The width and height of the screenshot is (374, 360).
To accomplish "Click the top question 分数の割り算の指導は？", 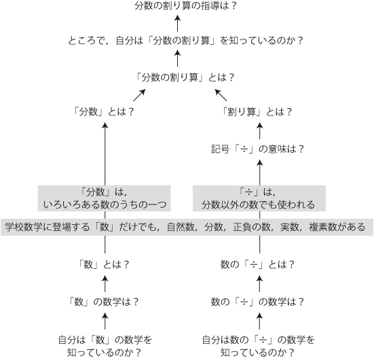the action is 185,5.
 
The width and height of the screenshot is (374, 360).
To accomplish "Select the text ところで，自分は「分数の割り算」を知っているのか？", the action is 185,41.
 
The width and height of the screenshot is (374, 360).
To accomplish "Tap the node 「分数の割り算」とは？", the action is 185,77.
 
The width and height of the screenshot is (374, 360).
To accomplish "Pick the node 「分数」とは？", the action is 104,111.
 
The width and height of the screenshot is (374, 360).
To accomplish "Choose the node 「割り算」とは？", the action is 257,111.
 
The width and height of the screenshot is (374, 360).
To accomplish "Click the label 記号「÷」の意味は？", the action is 258,149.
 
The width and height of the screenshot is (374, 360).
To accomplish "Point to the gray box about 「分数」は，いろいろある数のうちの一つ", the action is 104,198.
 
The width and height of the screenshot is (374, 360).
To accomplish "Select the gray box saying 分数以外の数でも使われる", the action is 259,198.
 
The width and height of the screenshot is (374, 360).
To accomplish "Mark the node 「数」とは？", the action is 104,264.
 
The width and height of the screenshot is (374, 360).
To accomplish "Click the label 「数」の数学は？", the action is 104,302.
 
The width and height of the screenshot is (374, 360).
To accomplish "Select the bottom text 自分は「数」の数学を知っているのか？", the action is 105,346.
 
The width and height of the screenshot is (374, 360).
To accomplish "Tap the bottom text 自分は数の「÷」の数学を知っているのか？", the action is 259,346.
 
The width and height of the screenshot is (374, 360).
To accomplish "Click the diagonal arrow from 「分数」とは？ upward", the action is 139,95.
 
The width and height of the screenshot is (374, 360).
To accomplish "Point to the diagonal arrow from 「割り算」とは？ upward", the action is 221,95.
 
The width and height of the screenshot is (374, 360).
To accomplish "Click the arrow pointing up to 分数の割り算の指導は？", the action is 177,23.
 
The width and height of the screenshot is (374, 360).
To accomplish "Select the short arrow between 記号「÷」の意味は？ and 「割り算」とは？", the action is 260,131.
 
